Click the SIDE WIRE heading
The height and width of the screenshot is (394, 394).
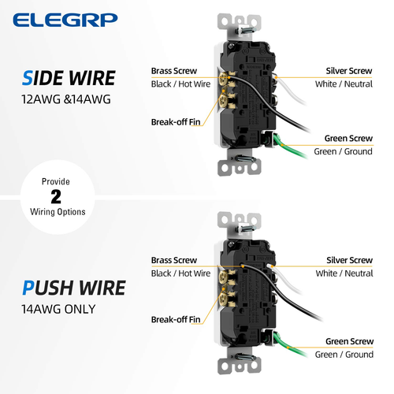point(69,78)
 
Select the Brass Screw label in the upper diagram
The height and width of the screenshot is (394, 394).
point(173,71)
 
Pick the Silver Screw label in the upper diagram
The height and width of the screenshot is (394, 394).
point(349,71)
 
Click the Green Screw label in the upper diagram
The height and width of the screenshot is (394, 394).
point(348,139)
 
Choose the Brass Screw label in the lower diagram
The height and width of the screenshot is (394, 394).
point(173,260)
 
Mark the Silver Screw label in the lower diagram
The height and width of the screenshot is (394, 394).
point(349,260)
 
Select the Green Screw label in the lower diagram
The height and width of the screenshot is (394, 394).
point(348,342)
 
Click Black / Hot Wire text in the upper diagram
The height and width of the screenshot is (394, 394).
point(180,84)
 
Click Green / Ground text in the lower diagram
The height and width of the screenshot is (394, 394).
point(344,355)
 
